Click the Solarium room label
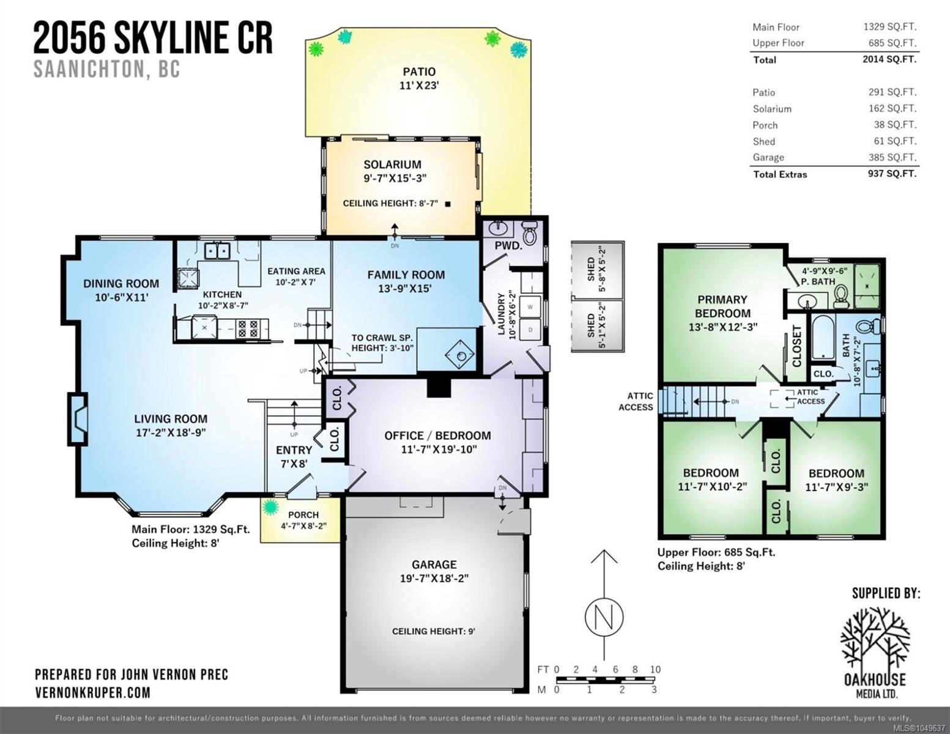[392, 165]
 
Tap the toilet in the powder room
[529, 232]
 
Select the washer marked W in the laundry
[530, 306]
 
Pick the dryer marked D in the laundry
[530, 330]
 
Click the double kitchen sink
[217, 251]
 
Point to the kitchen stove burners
[247, 328]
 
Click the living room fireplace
[77, 419]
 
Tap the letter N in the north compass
[604, 617]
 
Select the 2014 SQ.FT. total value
[889, 59]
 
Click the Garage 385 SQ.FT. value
[892, 157]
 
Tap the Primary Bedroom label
[722, 306]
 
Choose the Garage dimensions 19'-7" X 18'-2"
[434, 579]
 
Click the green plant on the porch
[270, 507]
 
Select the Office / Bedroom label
[437, 436]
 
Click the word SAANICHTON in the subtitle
[89, 69]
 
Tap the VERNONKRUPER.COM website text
[93, 692]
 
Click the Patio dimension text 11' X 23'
[419, 85]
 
